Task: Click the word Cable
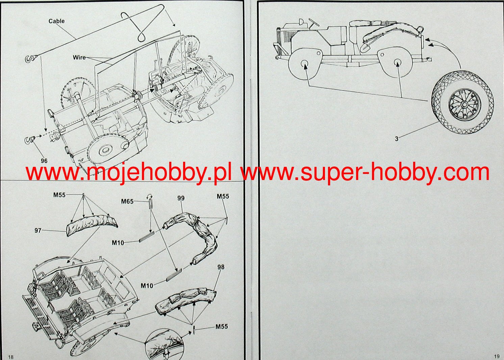56,21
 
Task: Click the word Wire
79,57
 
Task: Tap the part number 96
44,161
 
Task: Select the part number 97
38,230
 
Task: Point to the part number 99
181,198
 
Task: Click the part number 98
221,267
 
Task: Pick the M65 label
127,202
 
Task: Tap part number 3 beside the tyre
397,138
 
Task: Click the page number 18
10,357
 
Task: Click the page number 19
496,356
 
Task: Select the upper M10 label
118,242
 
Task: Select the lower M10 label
147,286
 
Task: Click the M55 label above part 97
59,195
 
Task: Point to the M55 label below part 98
222,327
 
